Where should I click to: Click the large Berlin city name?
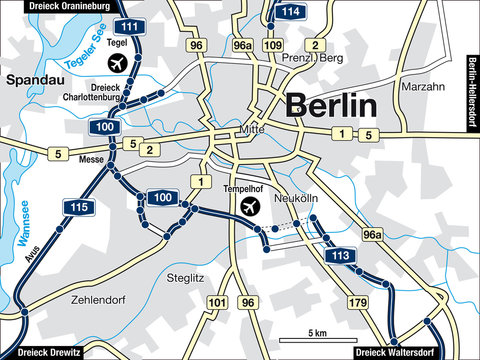[331, 105]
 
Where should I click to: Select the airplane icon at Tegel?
[117, 64]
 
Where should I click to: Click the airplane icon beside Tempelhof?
[250, 206]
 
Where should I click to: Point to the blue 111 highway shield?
[129, 26]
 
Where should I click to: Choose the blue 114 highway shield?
[290, 12]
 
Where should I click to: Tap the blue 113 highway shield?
[340, 255]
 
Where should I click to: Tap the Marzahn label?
[421, 87]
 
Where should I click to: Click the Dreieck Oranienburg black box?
[58, 6]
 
